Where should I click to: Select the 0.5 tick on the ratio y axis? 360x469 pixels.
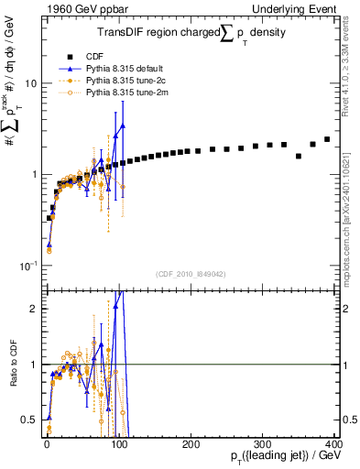29,420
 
